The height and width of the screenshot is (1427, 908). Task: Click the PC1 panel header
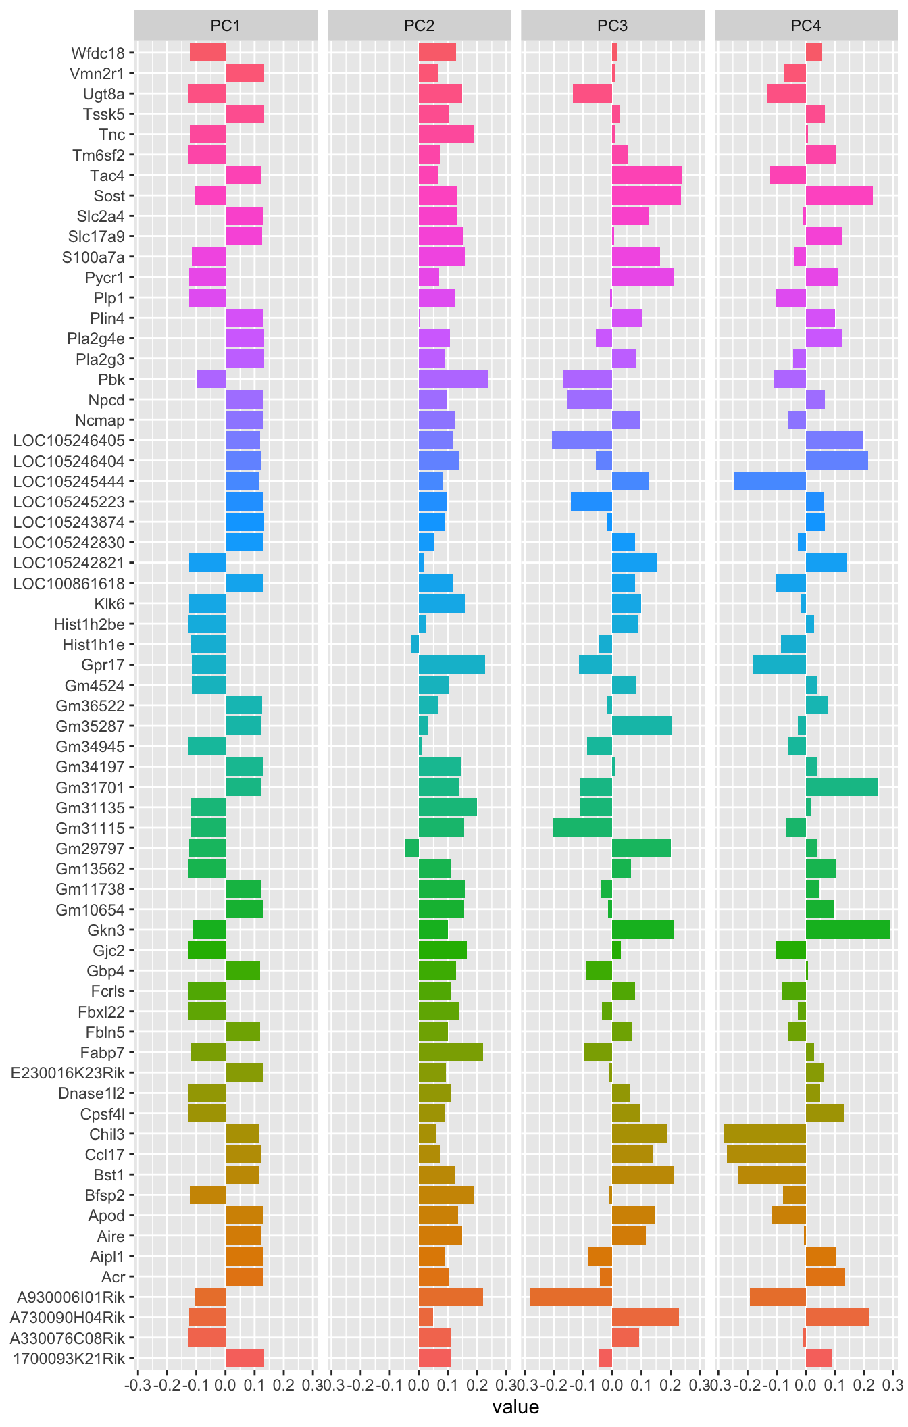click(x=226, y=26)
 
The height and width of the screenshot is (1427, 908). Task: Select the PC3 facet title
click(x=612, y=26)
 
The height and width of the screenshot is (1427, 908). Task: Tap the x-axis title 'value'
click(x=515, y=1407)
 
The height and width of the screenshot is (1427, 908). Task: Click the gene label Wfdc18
click(x=98, y=53)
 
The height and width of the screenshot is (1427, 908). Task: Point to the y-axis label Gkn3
click(x=106, y=930)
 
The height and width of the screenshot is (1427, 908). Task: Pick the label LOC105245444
click(x=69, y=481)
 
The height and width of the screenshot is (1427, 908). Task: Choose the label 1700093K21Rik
click(x=69, y=1358)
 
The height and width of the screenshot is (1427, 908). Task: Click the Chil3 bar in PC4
click(x=765, y=1134)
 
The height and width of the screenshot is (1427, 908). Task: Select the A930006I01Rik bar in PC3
click(x=571, y=1297)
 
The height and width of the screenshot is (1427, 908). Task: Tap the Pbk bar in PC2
click(x=453, y=379)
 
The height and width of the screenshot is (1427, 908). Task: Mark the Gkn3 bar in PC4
click(x=847, y=930)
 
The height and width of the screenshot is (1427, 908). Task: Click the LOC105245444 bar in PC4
click(x=770, y=481)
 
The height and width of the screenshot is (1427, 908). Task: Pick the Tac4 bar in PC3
click(x=647, y=175)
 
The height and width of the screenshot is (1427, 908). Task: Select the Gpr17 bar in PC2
click(x=451, y=665)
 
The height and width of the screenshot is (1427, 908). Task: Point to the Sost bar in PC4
click(x=839, y=195)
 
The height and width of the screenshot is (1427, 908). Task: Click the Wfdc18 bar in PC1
click(x=207, y=53)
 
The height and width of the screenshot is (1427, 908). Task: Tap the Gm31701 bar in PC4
click(x=841, y=787)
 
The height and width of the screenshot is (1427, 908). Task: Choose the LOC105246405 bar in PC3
click(x=582, y=441)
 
